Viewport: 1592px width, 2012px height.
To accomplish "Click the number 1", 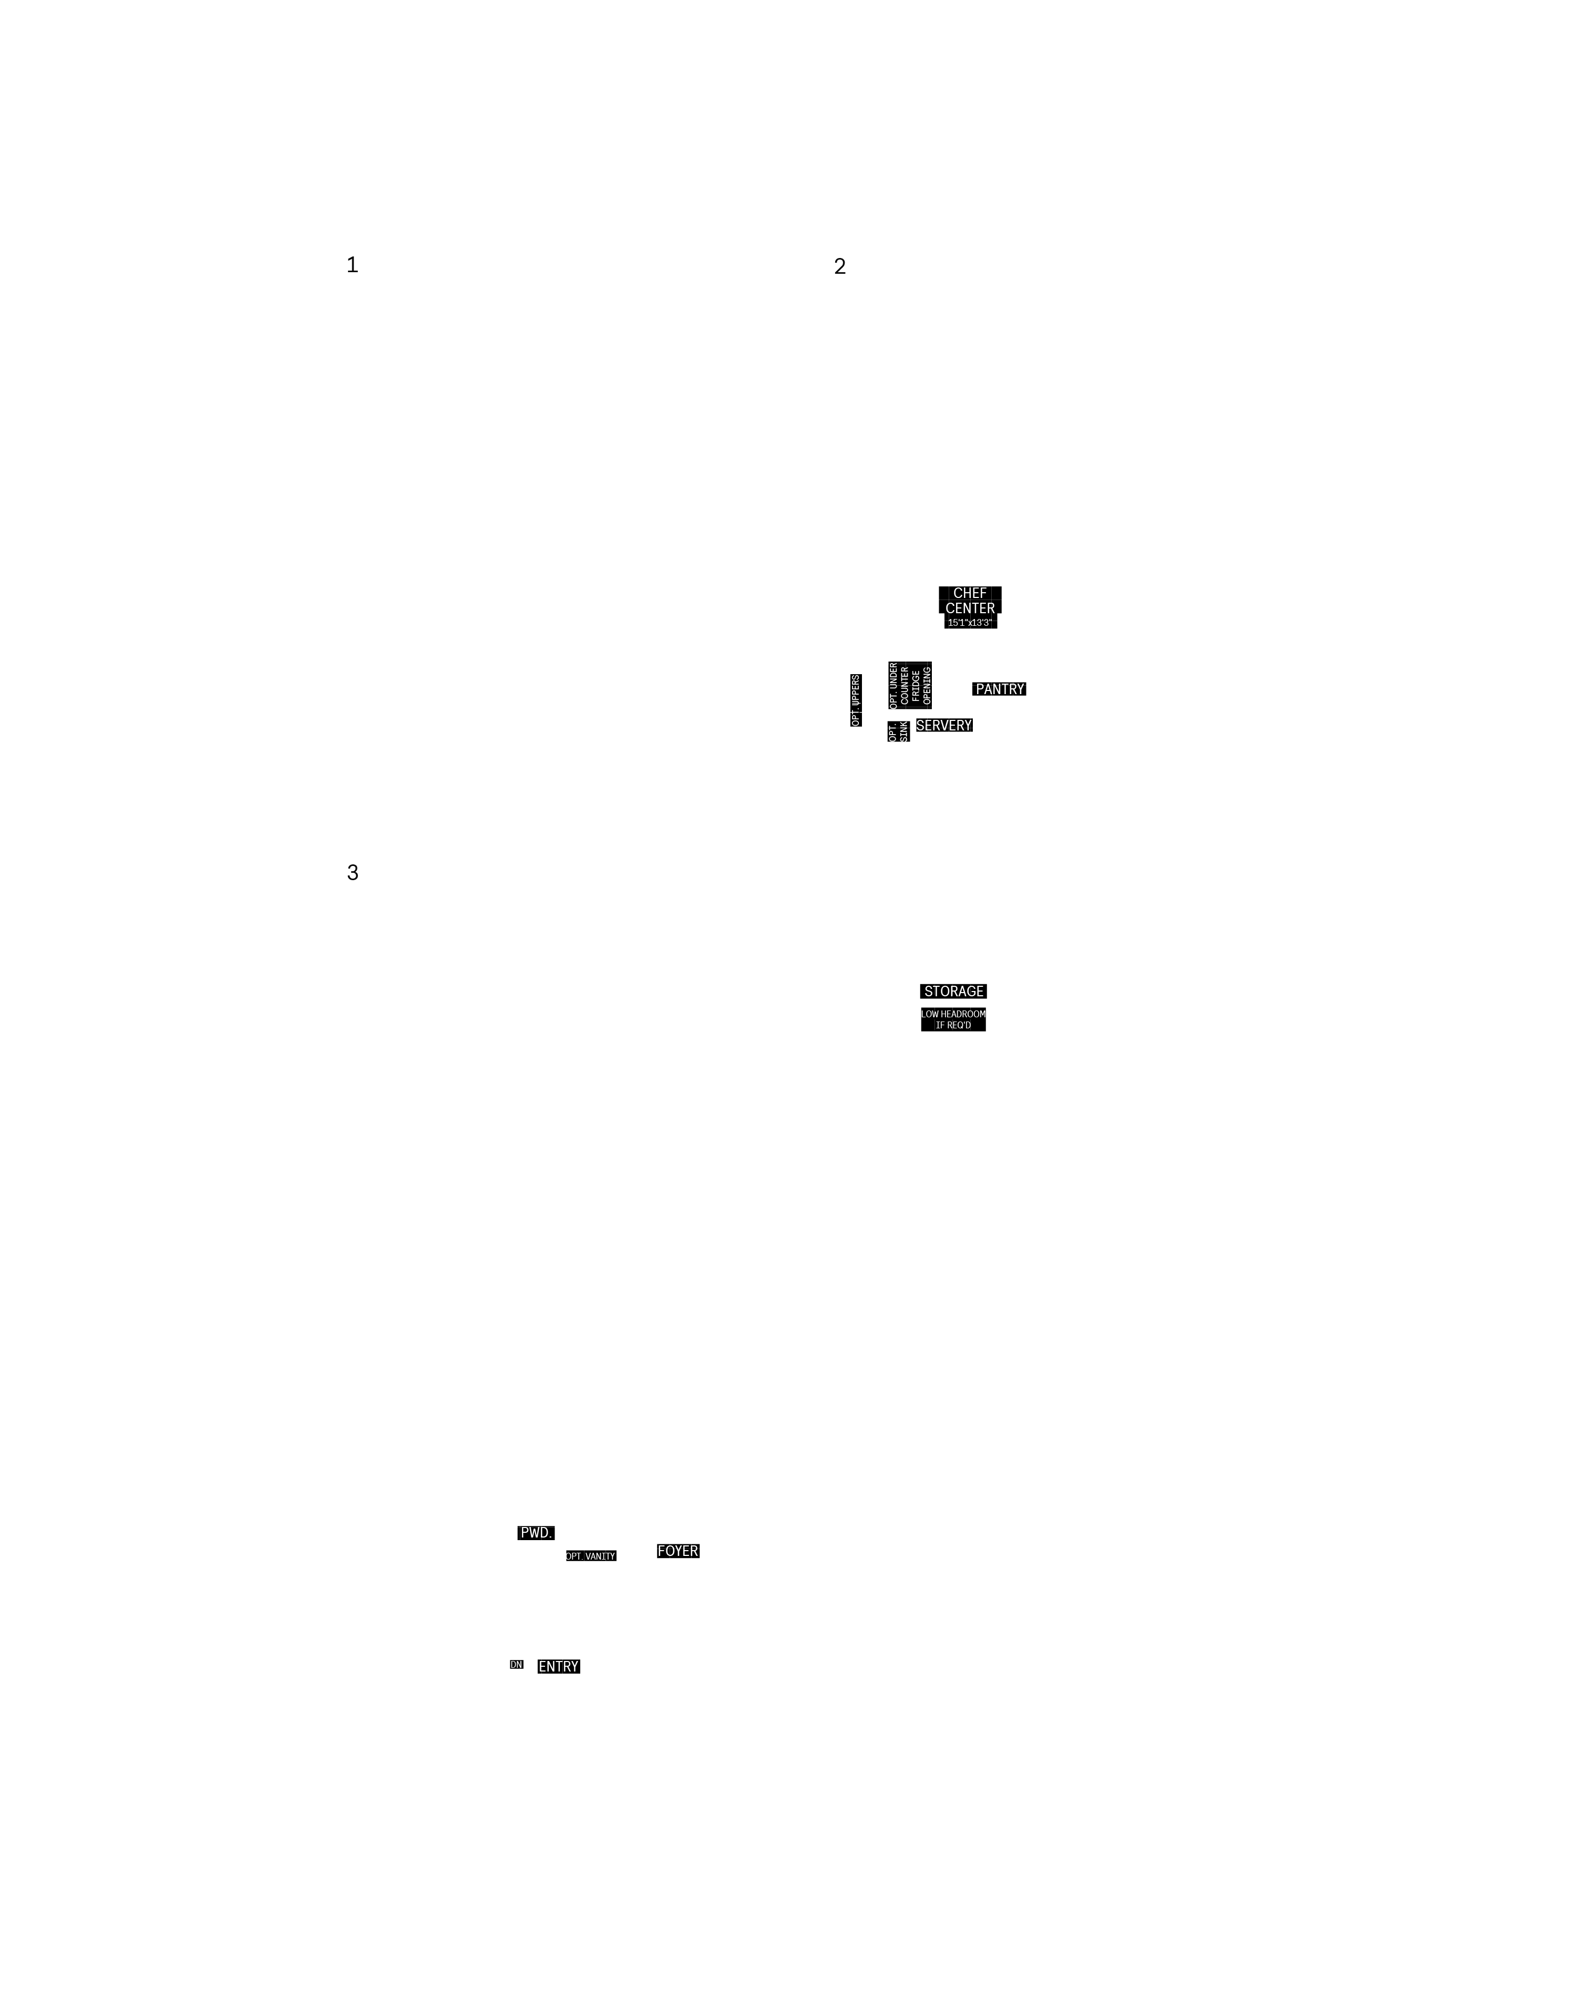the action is (352, 265).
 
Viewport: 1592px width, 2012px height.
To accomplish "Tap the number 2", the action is (840, 266).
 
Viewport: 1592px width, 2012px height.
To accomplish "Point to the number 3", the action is (352, 872).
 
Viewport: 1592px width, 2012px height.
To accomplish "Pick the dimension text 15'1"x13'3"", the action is (970, 623).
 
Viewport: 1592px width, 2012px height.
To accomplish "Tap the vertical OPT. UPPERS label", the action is (856, 700).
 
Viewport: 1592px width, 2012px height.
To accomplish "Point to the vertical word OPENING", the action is (927, 686).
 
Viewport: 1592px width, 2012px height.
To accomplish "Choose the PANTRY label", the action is (999, 689).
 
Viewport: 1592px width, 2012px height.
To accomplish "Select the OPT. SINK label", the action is (899, 731).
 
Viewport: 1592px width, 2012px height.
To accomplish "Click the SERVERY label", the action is (944, 725).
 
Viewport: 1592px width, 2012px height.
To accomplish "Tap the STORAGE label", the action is (953, 990).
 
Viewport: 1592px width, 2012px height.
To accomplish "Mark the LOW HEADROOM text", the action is (953, 1014).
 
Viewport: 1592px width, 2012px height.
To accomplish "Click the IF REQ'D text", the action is (953, 1025).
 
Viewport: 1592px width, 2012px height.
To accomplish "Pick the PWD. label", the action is (536, 1532).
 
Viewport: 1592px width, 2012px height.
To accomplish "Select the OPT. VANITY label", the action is (591, 1555).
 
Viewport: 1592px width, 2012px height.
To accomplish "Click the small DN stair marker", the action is (516, 1664).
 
